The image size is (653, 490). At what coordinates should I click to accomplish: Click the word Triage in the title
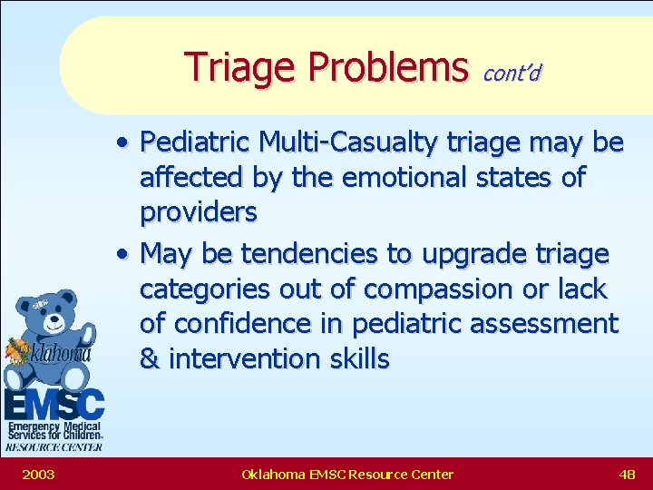(239, 67)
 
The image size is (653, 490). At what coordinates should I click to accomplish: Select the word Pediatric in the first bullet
(197, 142)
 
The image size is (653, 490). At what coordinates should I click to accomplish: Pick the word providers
(198, 212)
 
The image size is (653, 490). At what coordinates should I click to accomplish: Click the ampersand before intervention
(149, 358)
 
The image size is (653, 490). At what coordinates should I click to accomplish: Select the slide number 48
(627, 474)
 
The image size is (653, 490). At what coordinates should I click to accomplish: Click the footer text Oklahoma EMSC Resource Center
(347, 474)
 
